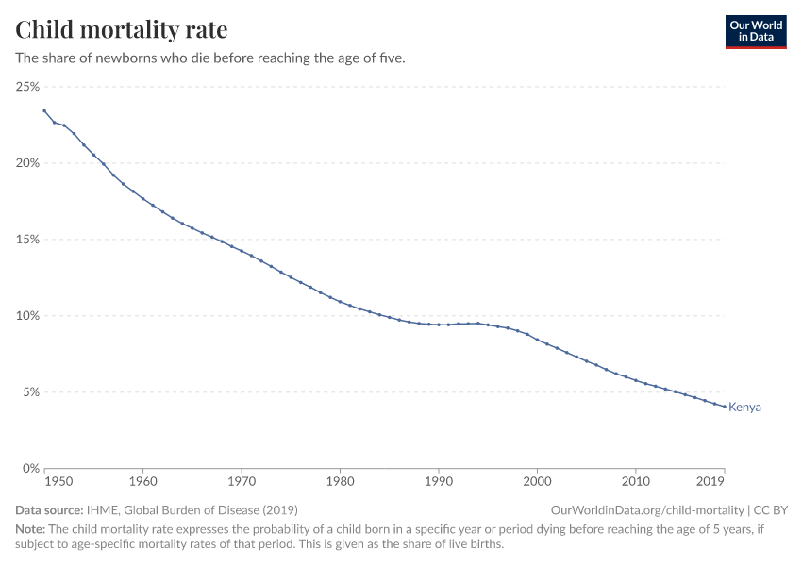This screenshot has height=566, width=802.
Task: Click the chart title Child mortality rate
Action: (x=121, y=30)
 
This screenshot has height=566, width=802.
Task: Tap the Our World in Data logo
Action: (x=755, y=31)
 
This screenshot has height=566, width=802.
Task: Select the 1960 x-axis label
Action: (x=142, y=483)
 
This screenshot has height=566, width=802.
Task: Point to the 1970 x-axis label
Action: (x=242, y=483)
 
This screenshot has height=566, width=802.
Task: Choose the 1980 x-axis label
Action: (x=340, y=483)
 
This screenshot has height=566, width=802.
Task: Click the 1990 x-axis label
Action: (x=439, y=483)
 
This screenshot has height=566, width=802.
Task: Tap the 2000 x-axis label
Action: (x=537, y=483)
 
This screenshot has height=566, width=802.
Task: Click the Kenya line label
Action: (x=744, y=408)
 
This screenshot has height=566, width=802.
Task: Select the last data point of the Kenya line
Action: (x=724, y=407)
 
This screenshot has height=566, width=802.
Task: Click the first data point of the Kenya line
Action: (x=44, y=110)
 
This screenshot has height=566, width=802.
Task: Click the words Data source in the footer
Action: (x=48, y=509)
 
